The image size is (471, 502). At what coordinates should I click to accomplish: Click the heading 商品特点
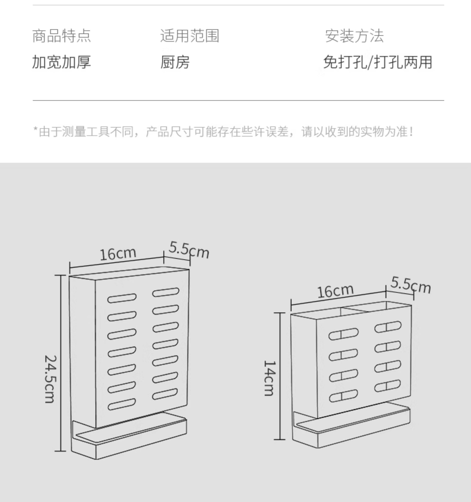[62, 36]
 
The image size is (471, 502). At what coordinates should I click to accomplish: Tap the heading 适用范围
[190, 36]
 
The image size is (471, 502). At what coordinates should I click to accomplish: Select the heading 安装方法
[354, 36]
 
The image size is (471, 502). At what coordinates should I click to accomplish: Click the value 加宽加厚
[62, 62]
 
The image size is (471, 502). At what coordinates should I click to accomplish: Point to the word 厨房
[175, 62]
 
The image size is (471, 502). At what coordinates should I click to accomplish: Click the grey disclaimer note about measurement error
[223, 132]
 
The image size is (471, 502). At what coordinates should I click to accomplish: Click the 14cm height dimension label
[269, 378]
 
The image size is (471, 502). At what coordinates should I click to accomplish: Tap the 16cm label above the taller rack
[118, 254]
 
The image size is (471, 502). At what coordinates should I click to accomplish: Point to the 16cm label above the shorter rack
[335, 291]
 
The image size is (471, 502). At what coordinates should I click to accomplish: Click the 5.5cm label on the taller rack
[189, 250]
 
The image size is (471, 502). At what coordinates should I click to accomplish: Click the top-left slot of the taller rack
[122, 298]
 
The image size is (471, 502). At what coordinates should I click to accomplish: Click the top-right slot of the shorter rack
[388, 327]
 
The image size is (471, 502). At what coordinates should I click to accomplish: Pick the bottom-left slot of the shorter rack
[343, 396]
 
